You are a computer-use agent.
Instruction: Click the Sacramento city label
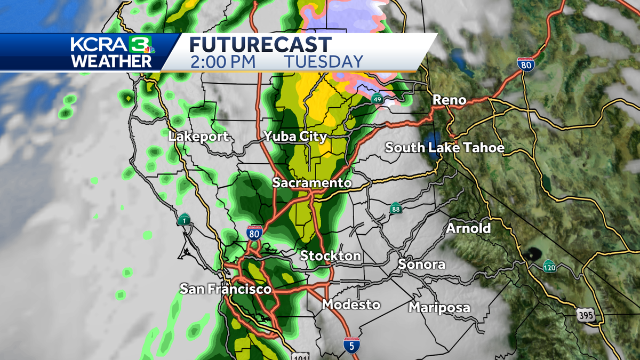312,183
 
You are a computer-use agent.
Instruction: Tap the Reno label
449,100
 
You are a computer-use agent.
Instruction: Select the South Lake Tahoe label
444,148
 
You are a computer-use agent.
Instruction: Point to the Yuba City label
295,137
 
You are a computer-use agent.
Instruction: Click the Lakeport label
198,137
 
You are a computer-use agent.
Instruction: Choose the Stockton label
330,256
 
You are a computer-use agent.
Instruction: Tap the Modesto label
351,305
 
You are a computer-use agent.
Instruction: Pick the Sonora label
421,265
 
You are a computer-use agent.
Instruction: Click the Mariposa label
439,308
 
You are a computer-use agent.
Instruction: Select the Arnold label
468,228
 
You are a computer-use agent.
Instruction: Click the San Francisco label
226,290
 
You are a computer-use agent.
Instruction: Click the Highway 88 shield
395,208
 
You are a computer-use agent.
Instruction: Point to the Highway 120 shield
549,266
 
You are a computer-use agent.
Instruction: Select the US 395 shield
585,316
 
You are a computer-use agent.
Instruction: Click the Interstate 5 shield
351,345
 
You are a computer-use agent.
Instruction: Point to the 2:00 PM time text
223,61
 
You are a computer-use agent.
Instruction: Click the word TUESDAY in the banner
324,61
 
